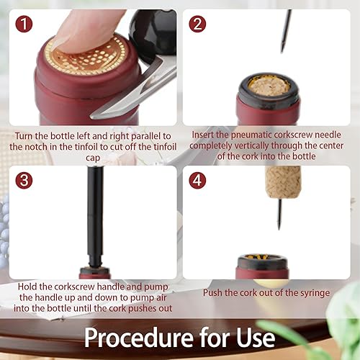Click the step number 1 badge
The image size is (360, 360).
click(x=24, y=24)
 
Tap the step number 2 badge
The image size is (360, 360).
click(x=197, y=24)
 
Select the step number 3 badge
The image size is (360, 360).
click(x=24, y=180)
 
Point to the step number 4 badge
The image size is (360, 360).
click(x=197, y=180)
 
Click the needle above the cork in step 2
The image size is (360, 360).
click(x=286, y=31)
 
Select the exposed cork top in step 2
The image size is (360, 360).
click(x=269, y=85)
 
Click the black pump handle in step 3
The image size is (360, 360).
click(x=95, y=216)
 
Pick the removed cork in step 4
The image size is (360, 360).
click(x=283, y=181)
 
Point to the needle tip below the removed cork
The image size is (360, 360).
click(x=279, y=229)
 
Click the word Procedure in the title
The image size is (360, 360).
click(x=139, y=338)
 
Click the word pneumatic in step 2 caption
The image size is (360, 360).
click(x=251, y=135)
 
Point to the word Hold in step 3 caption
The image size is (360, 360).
click(x=27, y=287)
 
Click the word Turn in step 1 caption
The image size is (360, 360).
click(x=24, y=136)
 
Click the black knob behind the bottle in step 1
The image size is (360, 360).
click(x=153, y=34)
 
